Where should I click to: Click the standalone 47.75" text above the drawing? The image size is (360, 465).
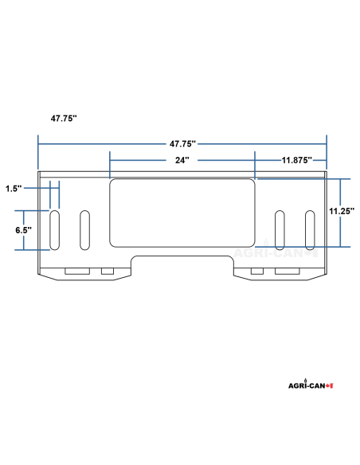coord(63,117)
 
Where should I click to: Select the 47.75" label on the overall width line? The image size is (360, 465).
coord(182,144)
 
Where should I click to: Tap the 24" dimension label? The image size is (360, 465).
coord(182,160)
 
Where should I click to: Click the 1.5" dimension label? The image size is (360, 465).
coord(12,189)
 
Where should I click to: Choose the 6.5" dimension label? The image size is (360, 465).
coord(23,230)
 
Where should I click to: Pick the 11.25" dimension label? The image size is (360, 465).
coord(341,211)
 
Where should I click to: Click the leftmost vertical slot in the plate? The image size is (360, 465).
coord(56,229)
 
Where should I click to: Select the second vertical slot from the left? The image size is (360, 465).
coord(84,229)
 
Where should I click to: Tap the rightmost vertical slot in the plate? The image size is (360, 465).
coord(309,229)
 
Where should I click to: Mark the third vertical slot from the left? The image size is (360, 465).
coord(280,229)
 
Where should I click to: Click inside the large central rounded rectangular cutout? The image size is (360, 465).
coord(182,212)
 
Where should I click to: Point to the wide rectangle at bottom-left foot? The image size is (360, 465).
coord(77,272)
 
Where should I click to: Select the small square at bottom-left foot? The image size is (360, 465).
coord(108,272)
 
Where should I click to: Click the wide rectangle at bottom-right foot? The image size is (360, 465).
coord(287,272)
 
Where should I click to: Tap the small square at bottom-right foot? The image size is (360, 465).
coord(256,272)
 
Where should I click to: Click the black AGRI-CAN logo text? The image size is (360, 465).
coord(306,385)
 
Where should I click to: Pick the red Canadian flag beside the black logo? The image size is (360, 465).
coord(329,385)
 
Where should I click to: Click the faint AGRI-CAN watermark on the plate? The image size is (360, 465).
coord(271,254)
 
